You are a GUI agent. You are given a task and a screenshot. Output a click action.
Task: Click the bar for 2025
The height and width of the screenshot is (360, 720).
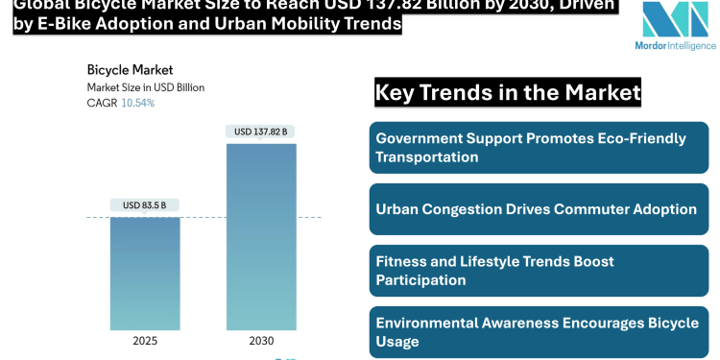tap(144, 274)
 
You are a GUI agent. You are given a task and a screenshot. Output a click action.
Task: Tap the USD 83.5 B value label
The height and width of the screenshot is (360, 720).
tap(144, 205)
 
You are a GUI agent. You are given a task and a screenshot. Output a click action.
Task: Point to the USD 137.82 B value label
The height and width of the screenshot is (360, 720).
tap(261, 132)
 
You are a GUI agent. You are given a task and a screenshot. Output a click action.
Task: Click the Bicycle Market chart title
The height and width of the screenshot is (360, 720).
tap(130, 70)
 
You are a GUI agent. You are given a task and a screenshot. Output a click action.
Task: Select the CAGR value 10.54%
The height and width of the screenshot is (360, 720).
tap(137, 103)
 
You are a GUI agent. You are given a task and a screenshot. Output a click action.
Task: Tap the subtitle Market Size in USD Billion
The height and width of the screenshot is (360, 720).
tap(145, 87)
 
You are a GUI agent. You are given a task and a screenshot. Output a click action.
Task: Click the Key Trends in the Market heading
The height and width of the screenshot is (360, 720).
tap(507, 93)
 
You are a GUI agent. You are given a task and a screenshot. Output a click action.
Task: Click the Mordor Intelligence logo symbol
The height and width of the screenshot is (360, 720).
tap(674, 26)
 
